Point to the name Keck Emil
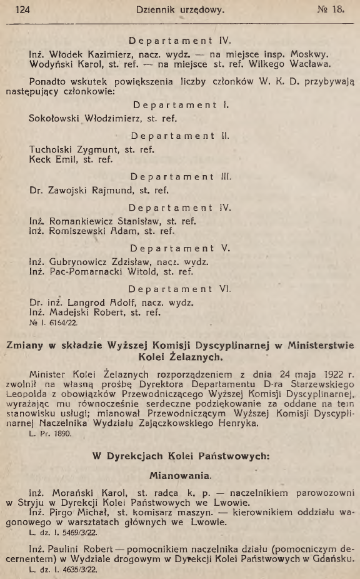[56, 159]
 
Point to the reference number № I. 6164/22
[55, 325]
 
